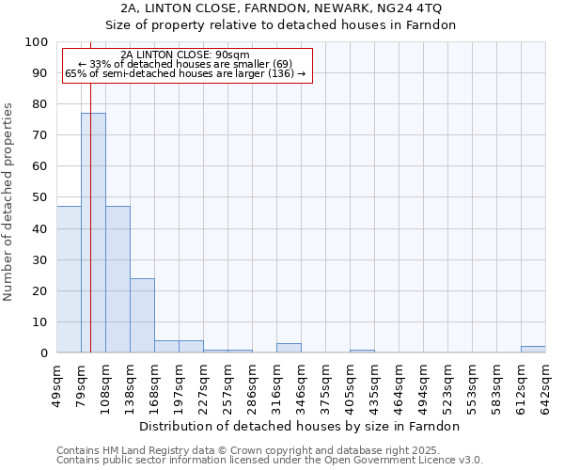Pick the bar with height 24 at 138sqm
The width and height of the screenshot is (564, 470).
pyautogui.click(x=142, y=315)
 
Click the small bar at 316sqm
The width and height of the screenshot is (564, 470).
pyautogui.click(x=289, y=348)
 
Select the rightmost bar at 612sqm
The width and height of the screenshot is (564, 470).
pyautogui.click(x=533, y=349)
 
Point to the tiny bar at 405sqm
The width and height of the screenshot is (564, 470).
pyautogui.click(x=362, y=351)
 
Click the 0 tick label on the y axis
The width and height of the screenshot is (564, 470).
pyautogui.click(x=43, y=352)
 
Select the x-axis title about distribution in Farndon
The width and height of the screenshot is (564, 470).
pyautogui.click(x=301, y=426)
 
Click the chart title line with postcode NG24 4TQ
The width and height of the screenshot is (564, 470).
pyautogui.click(x=280, y=8)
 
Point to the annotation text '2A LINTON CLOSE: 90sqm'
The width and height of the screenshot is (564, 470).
pyautogui.click(x=185, y=55)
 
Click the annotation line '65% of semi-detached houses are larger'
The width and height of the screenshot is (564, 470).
pyautogui.click(x=185, y=73)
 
